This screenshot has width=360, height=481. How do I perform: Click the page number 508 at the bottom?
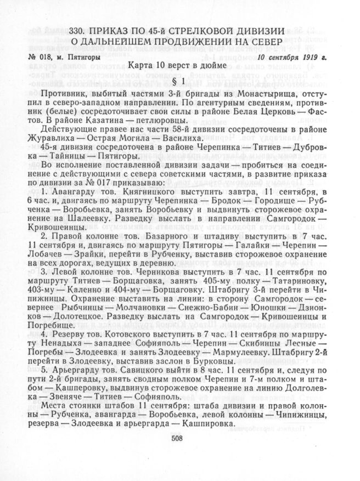[x=176, y=437]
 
